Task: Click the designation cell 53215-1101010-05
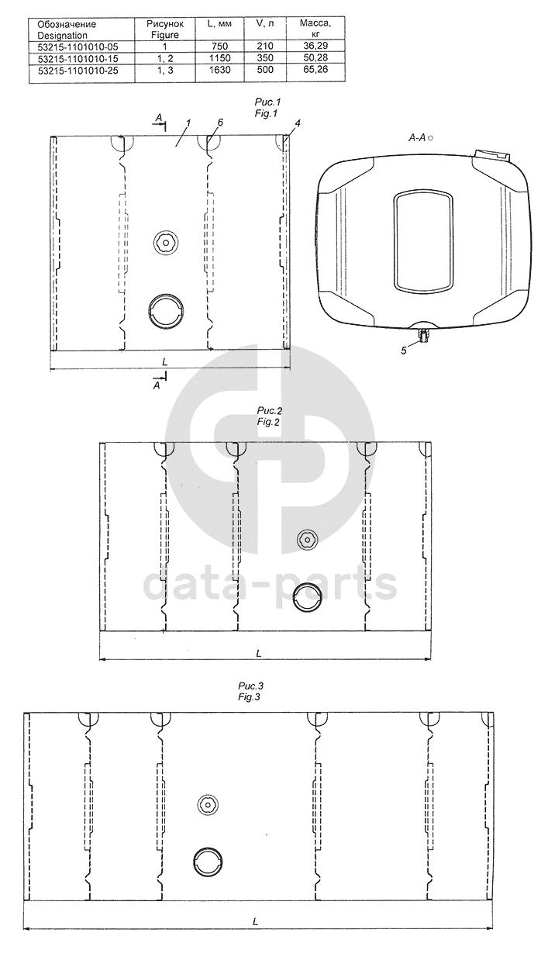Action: click(78, 46)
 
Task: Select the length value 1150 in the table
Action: click(219, 58)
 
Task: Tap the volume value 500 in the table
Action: click(265, 70)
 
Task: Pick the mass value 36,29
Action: click(315, 45)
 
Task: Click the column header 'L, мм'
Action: click(219, 24)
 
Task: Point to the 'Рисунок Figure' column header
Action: click(165, 29)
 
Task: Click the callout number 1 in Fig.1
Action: click(188, 123)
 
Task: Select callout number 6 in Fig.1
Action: click(220, 123)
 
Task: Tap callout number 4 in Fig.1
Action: click(297, 123)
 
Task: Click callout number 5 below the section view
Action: click(404, 351)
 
